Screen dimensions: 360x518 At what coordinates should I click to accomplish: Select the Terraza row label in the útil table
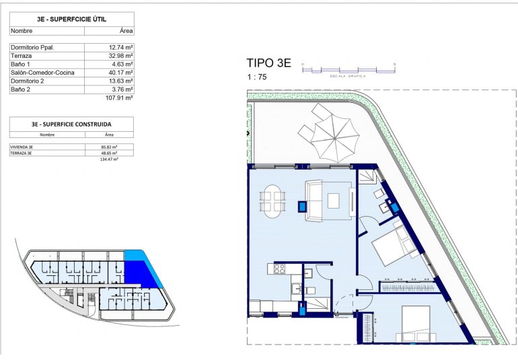pos(21,56)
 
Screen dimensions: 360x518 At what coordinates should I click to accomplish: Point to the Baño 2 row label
pos(20,89)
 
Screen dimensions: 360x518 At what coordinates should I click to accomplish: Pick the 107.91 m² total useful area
pos(119,98)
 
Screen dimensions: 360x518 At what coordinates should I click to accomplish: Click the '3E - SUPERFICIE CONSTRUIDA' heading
pos(71,124)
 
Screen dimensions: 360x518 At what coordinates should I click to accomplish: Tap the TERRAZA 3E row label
pos(22,153)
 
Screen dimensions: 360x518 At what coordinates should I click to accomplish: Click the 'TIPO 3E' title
pos(269,63)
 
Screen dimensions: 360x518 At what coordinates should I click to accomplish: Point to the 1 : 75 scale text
pos(256,77)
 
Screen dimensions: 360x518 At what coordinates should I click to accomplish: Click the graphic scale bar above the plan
pos(348,69)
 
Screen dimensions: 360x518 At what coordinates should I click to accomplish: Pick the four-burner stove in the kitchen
pos(278,269)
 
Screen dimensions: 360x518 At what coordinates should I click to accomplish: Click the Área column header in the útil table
pos(126,31)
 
